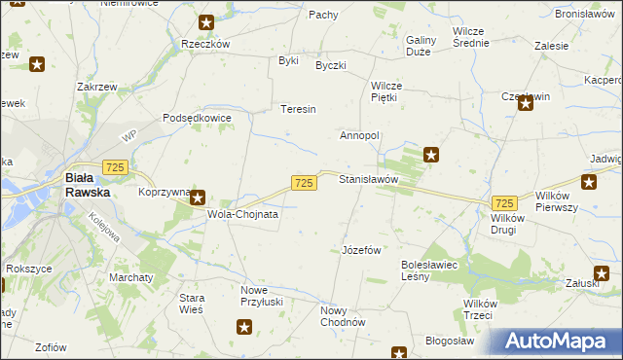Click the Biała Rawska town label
87,185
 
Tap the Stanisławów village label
369,180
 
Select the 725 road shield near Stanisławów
303,183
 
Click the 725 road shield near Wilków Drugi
504,202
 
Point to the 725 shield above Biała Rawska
114,168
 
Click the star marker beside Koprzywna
197,198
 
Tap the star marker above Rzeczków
205,22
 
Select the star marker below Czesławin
526,104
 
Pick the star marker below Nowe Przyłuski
244,328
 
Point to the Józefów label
361,250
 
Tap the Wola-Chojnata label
243,214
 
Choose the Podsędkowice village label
198,118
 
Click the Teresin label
299,109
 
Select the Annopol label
359,135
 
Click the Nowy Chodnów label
342,316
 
